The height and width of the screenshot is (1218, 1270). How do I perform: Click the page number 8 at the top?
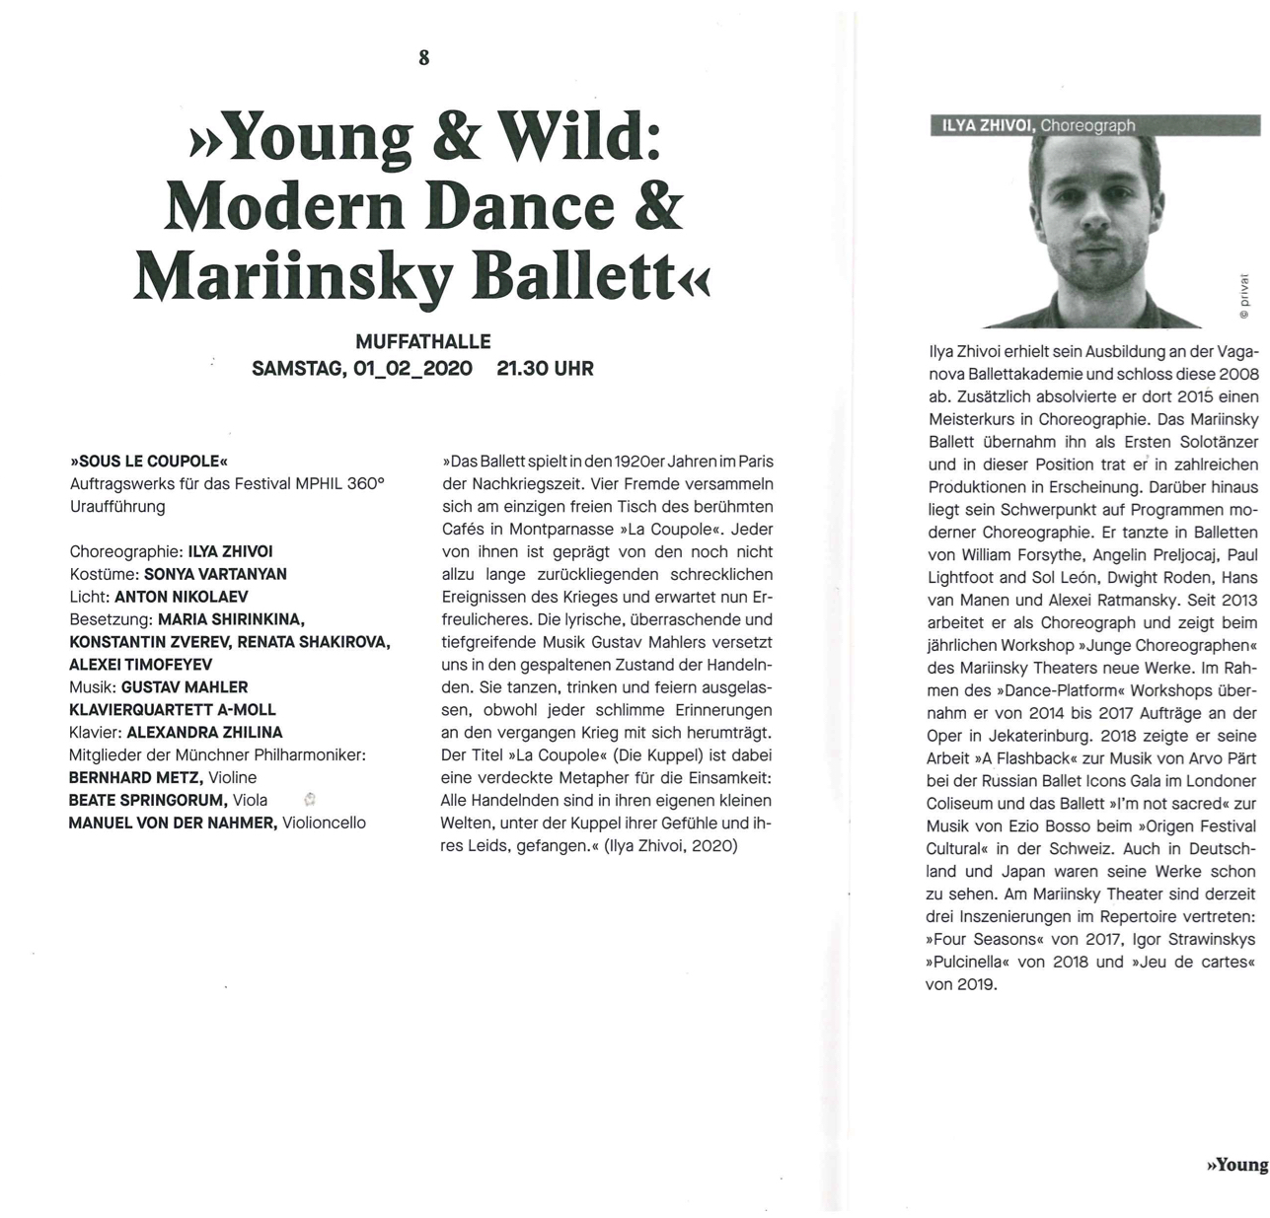click(424, 57)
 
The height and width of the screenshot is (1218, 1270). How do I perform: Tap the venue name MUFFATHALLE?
click(422, 342)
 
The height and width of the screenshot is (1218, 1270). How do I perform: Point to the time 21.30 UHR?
click(545, 369)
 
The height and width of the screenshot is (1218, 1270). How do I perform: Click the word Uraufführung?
click(117, 507)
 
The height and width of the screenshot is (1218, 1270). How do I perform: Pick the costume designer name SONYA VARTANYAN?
click(215, 574)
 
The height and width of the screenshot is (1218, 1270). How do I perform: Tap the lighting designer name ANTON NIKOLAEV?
click(182, 597)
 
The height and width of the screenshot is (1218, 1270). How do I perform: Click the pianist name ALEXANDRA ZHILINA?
click(204, 733)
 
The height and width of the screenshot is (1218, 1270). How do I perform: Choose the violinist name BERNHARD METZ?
click(135, 778)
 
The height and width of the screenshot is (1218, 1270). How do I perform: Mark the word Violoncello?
click(324, 823)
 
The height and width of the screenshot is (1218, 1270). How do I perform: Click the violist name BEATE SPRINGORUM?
click(148, 800)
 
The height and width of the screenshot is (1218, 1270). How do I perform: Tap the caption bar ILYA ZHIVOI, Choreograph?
click(1033, 125)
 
